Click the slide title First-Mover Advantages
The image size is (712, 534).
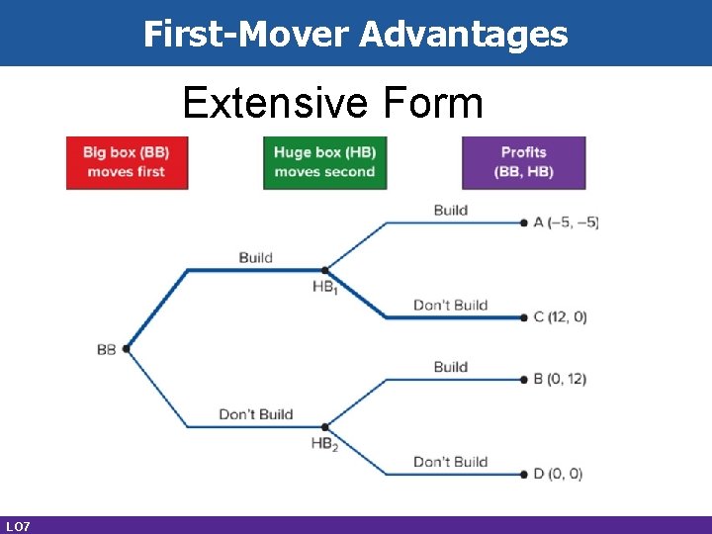click(356, 34)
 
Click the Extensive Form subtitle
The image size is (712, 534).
click(333, 102)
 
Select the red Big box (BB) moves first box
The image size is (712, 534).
click(127, 162)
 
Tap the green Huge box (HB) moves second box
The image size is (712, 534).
click(324, 162)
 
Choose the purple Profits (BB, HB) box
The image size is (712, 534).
click(523, 162)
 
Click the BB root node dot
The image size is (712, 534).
click(126, 348)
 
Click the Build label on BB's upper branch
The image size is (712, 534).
click(255, 257)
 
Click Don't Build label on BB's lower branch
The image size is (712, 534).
click(255, 414)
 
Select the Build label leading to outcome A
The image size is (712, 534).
click(450, 210)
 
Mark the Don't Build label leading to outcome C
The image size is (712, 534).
click(450, 305)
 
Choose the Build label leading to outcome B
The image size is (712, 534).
click(450, 367)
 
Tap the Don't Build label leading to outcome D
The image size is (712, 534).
click(450, 462)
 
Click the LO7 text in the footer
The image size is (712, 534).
click(17, 525)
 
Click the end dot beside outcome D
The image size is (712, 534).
click(524, 474)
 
